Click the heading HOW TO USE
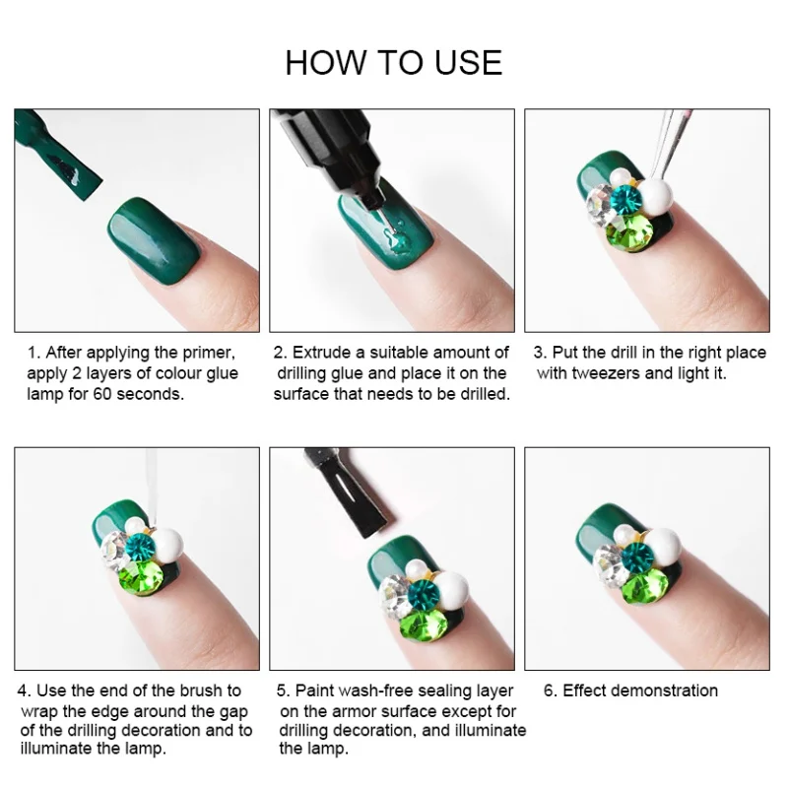point(393,63)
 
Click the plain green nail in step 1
point(155,235)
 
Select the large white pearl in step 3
point(654,197)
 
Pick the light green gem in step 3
point(629,230)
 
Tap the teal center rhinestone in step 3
point(625,201)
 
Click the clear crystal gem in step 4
point(114,550)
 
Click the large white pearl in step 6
point(662,547)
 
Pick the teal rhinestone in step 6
point(637,557)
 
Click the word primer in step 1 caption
point(209,353)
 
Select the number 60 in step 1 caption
point(102,393)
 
